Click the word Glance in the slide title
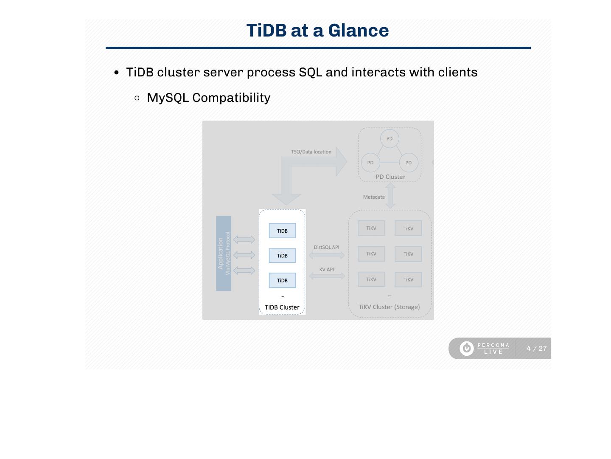pos(358,31)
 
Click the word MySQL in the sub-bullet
pos(168,98)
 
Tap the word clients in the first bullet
pos(457,72)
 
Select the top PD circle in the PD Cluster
pos(390,138)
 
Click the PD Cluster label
pos(390,177)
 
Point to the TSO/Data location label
pos(311,152)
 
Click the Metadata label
pos(374,197)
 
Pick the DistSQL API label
pos(326,247)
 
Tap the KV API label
pos(326,270)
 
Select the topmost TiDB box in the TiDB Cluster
pos(282,231)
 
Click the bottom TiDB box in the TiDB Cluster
pos(282,281)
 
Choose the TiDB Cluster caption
pos(282,307)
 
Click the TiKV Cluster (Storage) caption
pos(389,307)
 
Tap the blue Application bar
pos(224,253)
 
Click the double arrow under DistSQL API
pos(327,255)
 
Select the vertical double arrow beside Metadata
pos(390,196)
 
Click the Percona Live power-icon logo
pos(467,348)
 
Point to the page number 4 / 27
pos(536,349)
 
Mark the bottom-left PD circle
pos(370,163)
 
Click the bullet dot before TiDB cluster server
pos(117,73)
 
